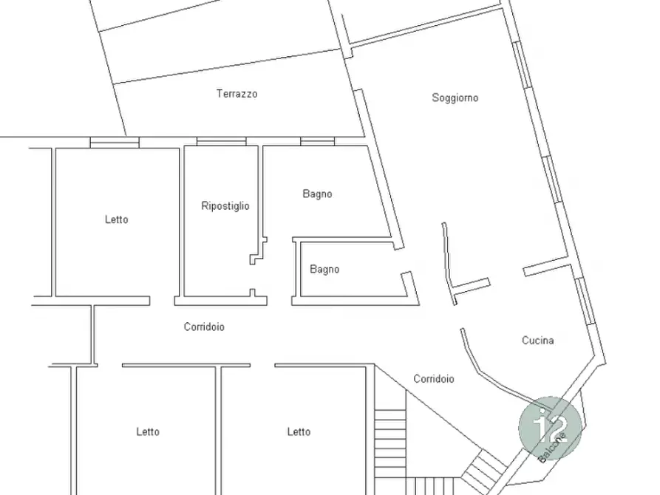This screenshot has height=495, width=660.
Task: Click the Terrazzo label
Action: coord(237,93)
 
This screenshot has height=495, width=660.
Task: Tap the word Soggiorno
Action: coord(455,98)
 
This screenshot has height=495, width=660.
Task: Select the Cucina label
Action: coord(537,340)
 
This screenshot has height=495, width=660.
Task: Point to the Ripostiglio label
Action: coord(225,206)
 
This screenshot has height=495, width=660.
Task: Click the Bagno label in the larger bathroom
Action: coord(317,194)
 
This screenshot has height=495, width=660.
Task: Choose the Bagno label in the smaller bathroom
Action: coord(324,270)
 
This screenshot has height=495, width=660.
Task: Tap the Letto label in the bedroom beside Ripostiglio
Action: coord(117,219)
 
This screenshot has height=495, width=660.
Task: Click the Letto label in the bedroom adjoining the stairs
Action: coord(299,431)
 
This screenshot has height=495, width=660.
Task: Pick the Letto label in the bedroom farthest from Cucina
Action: coord(148,431)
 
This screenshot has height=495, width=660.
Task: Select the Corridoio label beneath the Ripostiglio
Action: coord(204,327)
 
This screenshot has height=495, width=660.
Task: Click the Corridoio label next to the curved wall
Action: coord(434,379)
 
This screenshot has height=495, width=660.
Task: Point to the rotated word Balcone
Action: coord(552,447)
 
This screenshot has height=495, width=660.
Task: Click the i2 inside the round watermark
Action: coord(551,427)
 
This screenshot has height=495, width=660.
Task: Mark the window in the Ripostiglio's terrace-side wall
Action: coord(222,141)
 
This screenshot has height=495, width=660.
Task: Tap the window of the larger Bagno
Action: coord(317,141)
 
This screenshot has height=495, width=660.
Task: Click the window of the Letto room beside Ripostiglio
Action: coord(115,143)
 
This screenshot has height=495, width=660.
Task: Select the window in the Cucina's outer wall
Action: coord(585,301)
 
